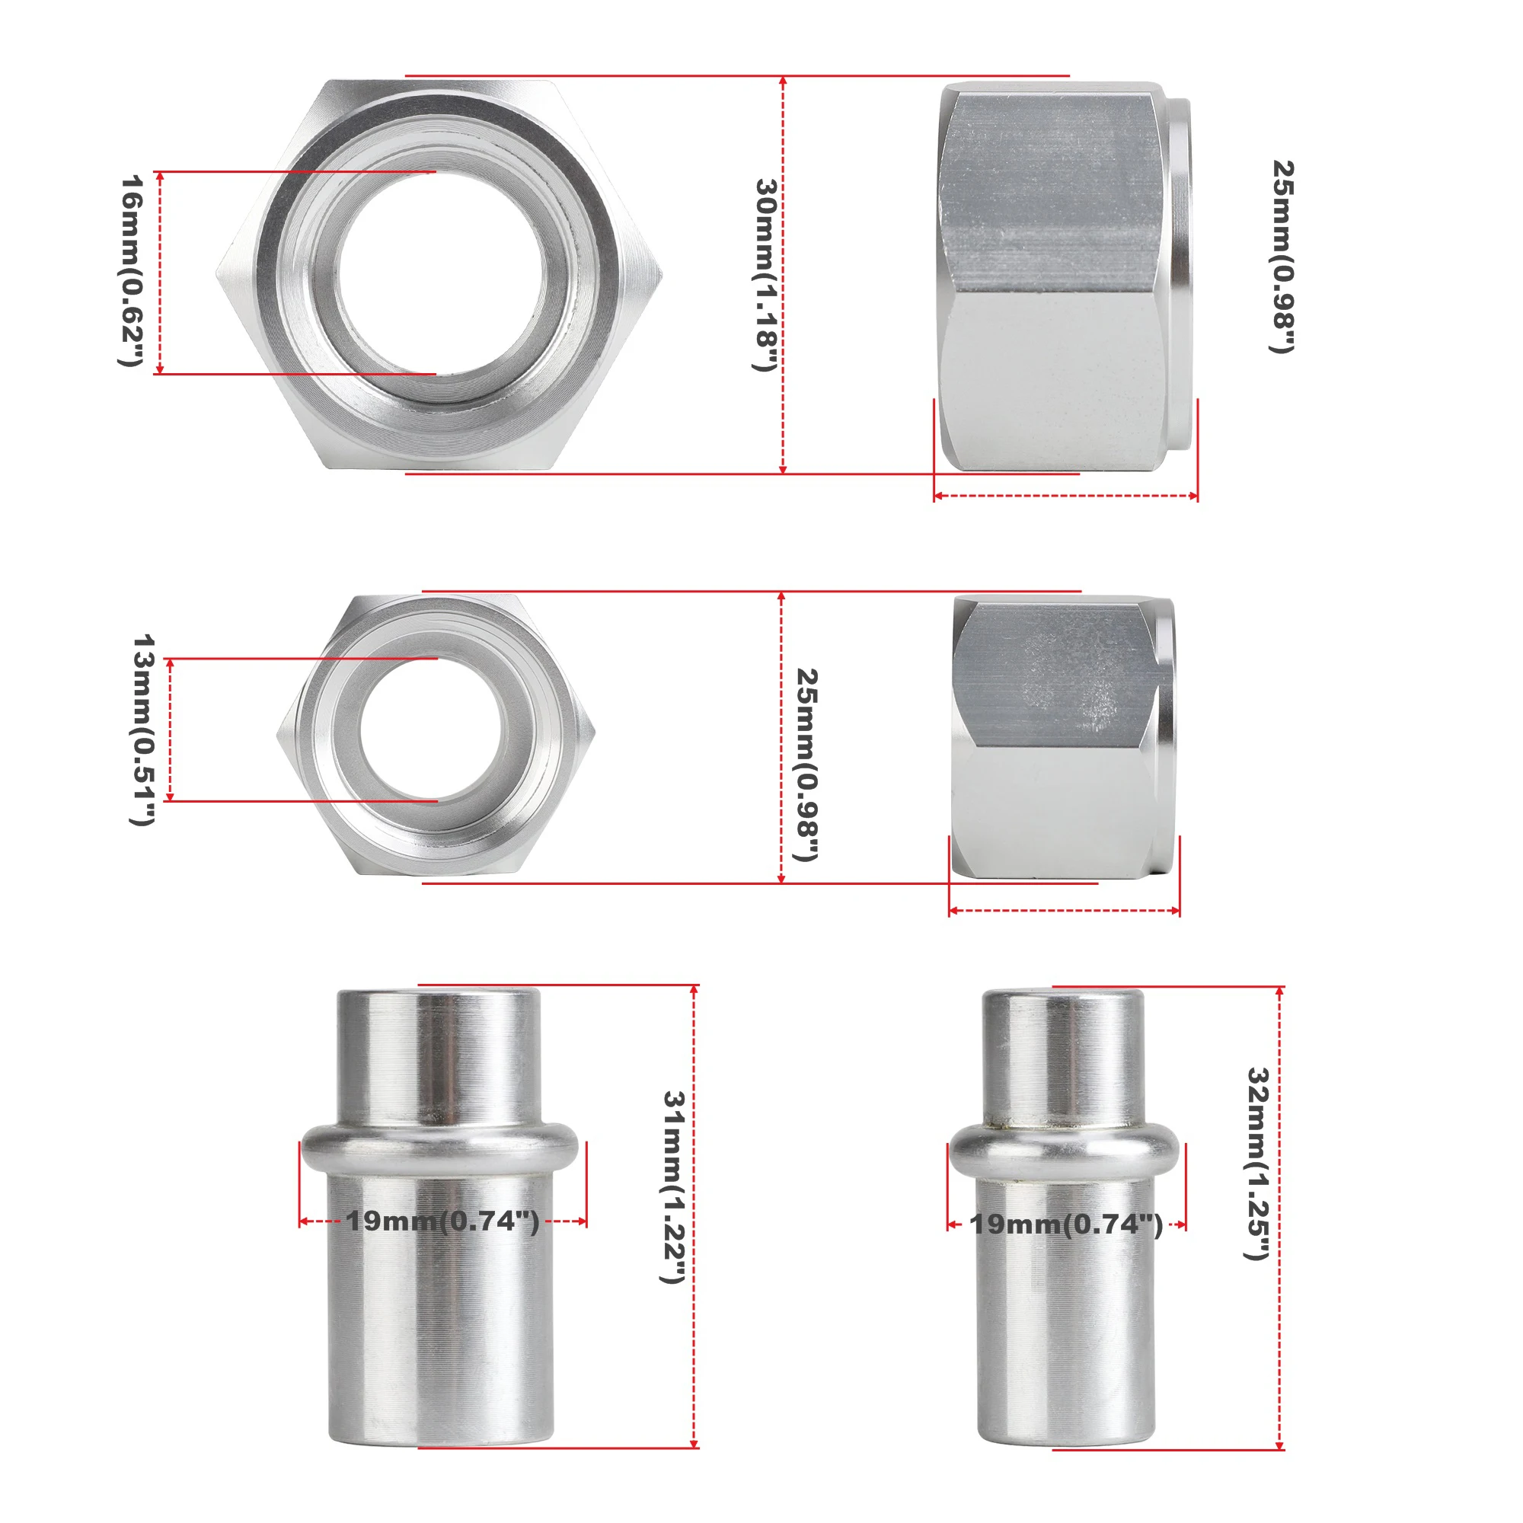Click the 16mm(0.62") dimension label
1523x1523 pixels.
click(x=131, y=270)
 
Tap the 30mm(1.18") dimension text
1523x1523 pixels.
click(x=766, y=275)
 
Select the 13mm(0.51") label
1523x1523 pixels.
click(x=142, y=730)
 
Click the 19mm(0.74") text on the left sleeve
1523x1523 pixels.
click(x=443, y=1221)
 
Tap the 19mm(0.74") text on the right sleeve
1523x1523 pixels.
click(x=1067, y=1224)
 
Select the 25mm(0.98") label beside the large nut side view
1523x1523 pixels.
click(x=1284, y=257)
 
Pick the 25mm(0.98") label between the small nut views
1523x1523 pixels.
click(x=808, y=765)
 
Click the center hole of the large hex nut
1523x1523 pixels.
click(x=440, y=273)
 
